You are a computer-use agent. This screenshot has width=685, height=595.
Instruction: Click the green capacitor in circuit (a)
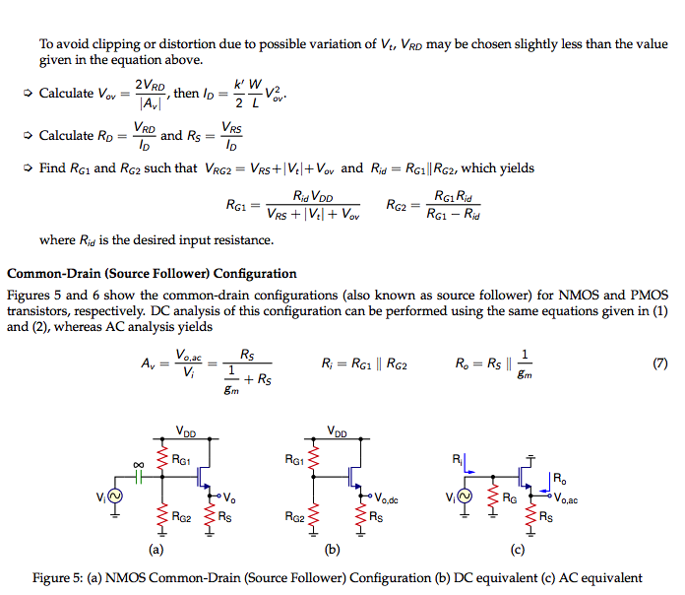coord(139,475)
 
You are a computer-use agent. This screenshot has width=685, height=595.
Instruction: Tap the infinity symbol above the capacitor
coord(139,462)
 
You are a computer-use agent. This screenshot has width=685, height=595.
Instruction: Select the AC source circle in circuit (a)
coord(115,498)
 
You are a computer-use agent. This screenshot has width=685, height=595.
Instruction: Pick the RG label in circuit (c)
coord(509,498)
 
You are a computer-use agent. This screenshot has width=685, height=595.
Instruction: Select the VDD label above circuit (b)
coord(337,431)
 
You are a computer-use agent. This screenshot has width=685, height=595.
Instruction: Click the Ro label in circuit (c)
coord(559,480)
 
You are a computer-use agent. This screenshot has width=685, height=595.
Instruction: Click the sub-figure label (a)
coord(155,550)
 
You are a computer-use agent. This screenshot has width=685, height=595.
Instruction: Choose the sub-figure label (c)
coord(518,550)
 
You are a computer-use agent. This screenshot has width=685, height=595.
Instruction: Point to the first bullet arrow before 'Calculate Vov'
coord(28,94)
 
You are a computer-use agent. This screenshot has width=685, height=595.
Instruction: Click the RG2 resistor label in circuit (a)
coord(181,516)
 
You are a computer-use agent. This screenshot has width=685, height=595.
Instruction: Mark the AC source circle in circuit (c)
coord(465,498)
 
